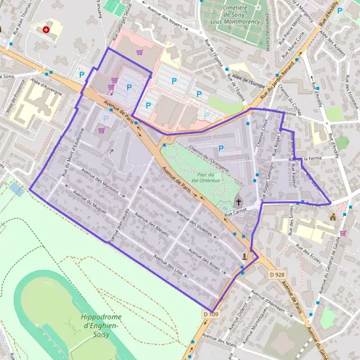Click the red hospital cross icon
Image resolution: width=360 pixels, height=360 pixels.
coord(46,29)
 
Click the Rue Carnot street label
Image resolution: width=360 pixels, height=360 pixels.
coord(235,212)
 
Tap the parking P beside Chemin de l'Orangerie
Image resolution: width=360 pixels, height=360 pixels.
coord(221,148)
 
